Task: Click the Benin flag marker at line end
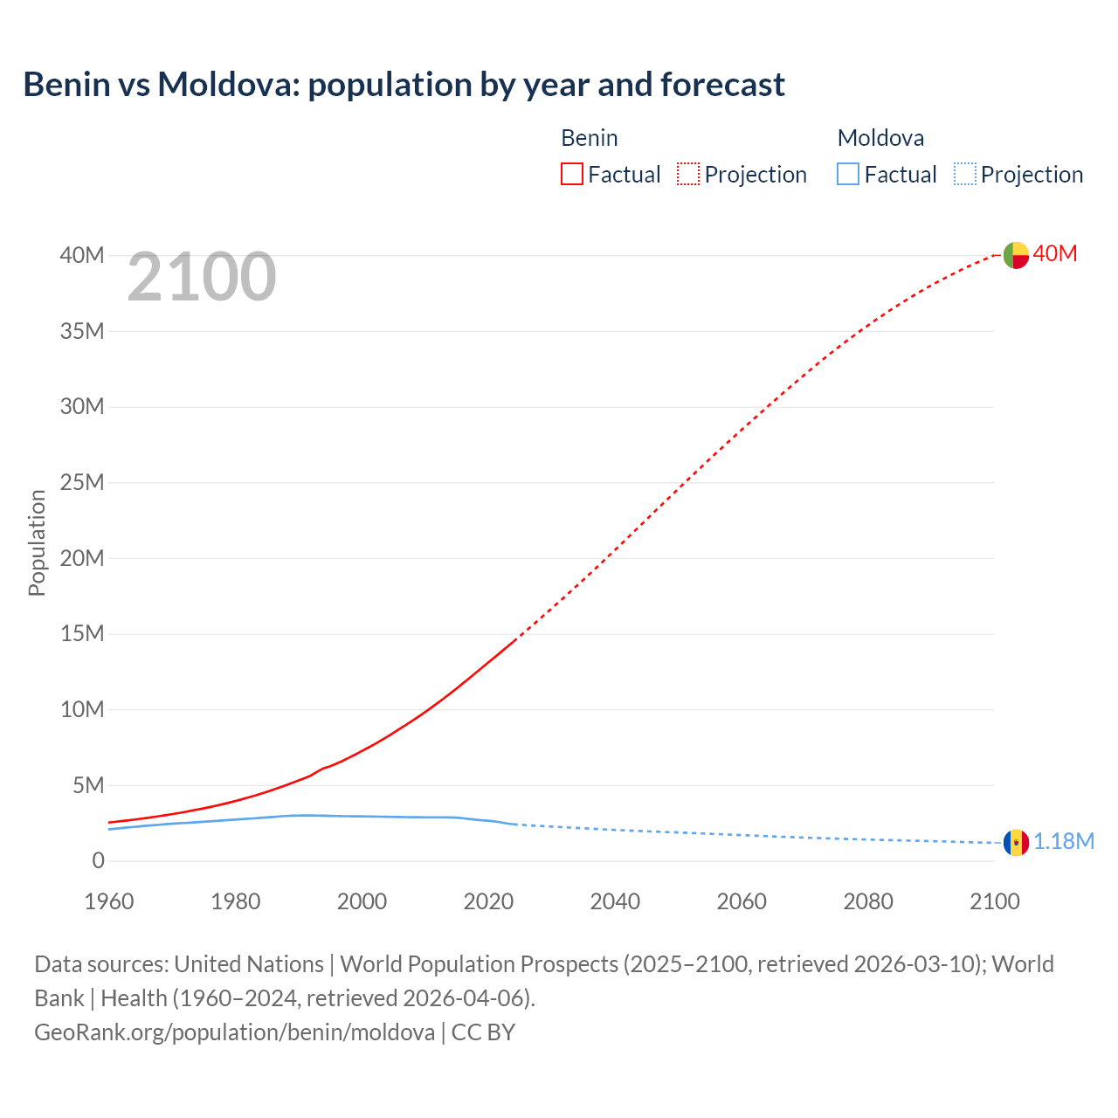point(1016,255)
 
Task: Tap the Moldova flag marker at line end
point(1016,843)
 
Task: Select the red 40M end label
point(1055,254)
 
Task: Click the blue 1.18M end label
point(1064,842)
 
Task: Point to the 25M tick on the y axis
point(82,482)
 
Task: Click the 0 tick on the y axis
point(98,861)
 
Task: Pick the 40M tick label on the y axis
point(82,255)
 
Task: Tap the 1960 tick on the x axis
point(109,901)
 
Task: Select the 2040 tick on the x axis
point(615,901)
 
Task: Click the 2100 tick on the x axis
point(994,901)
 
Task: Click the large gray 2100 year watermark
point(202,278)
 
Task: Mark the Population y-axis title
point(37,542)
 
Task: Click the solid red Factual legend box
point(572,175)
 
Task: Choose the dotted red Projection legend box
point(688,175)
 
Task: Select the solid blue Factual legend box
point(848,175)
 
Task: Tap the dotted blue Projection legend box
point(965,175)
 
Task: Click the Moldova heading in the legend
point(880,138)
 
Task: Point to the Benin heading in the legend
point(590,138)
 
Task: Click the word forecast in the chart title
point(722,85)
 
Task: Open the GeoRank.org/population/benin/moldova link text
point(234,1032)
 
